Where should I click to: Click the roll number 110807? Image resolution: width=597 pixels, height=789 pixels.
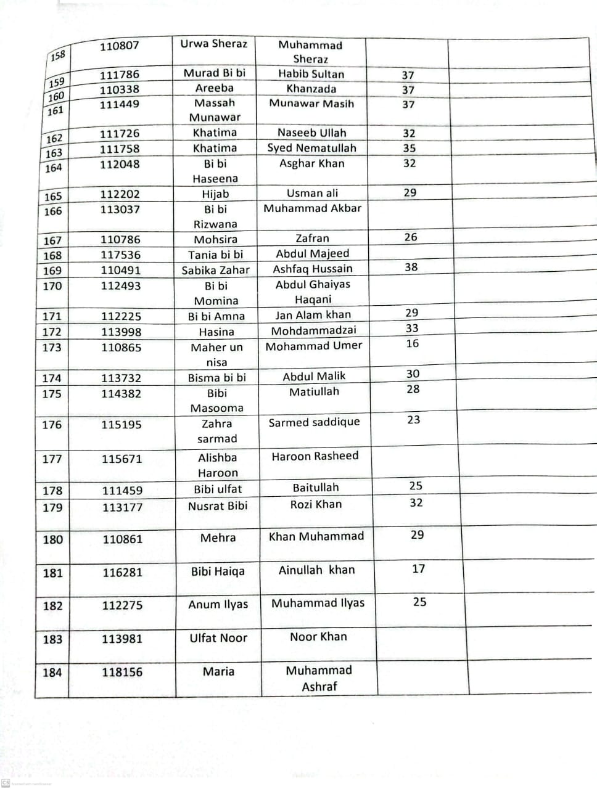point(120,46)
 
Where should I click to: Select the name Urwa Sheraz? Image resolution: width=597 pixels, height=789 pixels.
point(213,44)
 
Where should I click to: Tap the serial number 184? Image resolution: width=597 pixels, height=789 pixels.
point(52,672)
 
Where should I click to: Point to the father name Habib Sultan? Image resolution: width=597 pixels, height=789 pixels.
point(311,74)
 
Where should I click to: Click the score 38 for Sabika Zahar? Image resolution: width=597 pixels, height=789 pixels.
point(411,268)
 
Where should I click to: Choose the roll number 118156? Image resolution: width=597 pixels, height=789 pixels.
point(122,672)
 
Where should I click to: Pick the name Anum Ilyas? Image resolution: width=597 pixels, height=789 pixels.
point(218,605)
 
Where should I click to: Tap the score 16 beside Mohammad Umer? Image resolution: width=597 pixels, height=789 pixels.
point(413,344)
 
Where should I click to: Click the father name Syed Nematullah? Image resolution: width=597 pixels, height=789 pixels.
point(311,148)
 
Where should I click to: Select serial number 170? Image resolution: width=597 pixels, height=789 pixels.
point(52,286)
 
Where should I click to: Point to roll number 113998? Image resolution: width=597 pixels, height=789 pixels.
point(121,332)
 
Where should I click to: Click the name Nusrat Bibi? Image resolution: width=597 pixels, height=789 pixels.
point(218,506)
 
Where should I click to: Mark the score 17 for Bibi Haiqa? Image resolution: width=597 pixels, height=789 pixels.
point(419,569)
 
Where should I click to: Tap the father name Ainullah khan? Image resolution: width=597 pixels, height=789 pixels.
point(316,570)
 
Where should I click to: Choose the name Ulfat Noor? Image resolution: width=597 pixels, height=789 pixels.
point(218,638)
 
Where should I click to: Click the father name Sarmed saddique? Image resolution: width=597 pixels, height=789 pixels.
point(314,422)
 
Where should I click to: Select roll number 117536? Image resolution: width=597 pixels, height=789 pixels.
point(121,255)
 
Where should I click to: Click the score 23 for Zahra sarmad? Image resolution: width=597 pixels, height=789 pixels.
point(414,420)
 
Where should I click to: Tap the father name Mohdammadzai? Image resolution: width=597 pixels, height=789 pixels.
point(314,331)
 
